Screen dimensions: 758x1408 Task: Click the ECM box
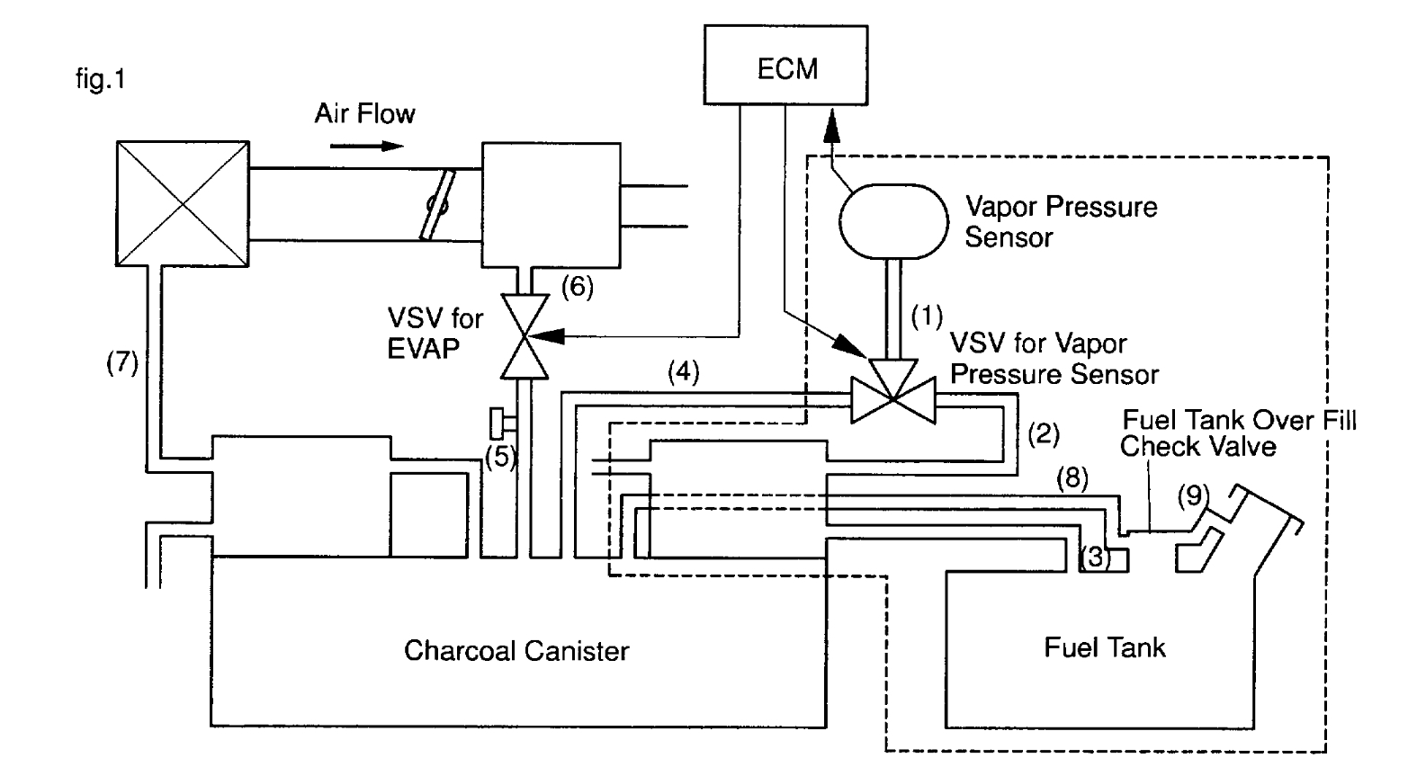click(785, 67)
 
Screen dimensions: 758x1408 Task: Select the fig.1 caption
click(101, 80)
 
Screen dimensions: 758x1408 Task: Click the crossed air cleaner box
click(183, 203)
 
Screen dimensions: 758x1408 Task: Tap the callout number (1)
click(926, 316)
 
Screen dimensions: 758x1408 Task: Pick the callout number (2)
click(1044, 434)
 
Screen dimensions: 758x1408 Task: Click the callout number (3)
click(1095, 557)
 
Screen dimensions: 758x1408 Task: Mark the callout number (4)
click(683, 372)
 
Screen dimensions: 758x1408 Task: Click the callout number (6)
click(577, 287)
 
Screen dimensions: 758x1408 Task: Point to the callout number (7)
click(121, 362)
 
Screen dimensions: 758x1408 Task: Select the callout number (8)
click(1072, 477)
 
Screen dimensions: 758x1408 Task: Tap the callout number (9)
click(1193, 495)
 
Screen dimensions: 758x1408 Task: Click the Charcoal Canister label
click(516, 650)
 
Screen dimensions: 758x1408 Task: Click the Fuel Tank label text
click(1104, 647)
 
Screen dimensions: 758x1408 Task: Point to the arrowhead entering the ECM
click(831, 126)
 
